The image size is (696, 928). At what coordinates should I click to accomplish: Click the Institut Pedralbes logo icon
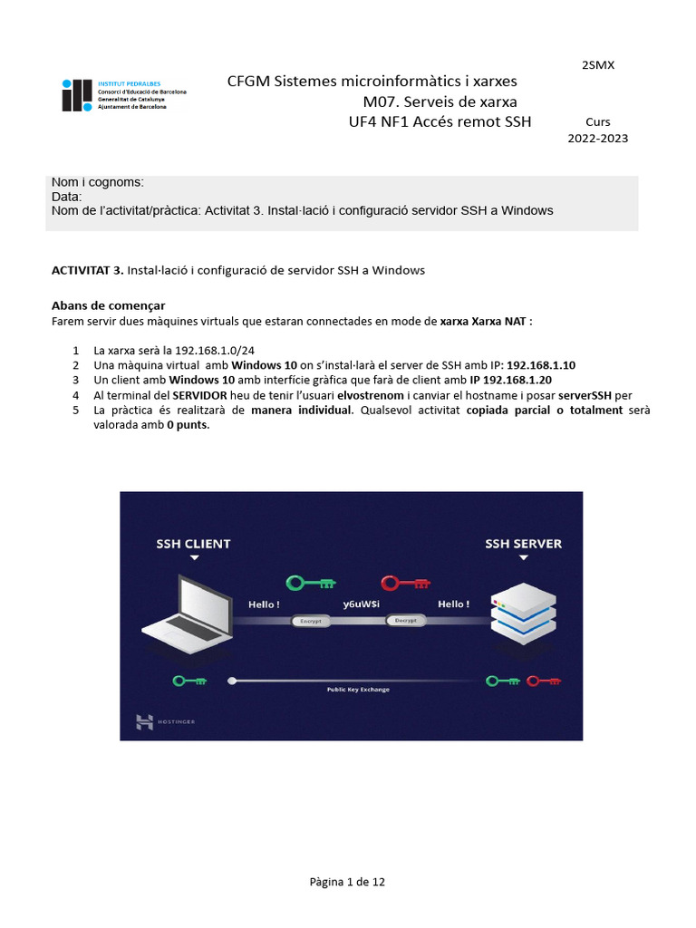point(77,95)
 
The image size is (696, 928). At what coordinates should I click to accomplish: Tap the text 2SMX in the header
point(597,64)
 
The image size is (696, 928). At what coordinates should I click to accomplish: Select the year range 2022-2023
point(597,139)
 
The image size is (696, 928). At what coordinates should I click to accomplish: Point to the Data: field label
point(67,197)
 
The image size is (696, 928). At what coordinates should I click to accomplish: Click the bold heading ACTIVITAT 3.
point(87,270)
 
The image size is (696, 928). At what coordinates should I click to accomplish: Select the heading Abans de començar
point(108,304)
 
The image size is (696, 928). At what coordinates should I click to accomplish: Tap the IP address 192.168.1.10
point(541,364)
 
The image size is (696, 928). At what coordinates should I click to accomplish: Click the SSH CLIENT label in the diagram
point(193,544)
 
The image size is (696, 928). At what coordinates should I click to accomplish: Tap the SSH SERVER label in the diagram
point(523,544)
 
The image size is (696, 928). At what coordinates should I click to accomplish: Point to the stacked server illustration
point(523,618)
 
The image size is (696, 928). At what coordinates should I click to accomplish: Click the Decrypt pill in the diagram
point(406,621)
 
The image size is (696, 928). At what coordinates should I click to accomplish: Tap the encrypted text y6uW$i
point(360,604)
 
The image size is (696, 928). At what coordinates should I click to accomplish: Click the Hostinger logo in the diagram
point(165,721)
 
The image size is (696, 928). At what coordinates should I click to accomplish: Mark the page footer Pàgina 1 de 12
point(347,882)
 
